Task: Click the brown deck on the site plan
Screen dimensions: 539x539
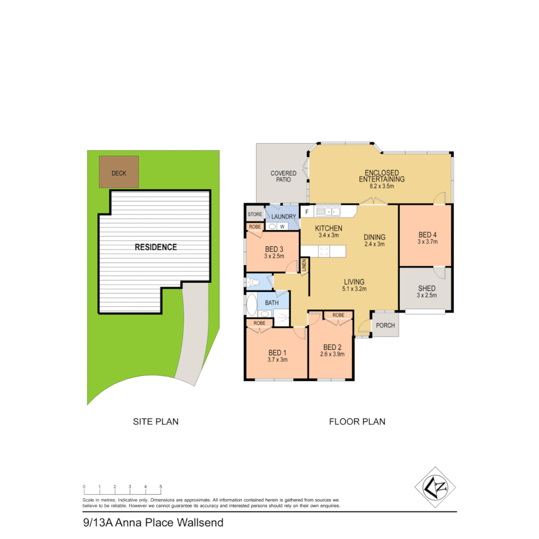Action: [119, 172]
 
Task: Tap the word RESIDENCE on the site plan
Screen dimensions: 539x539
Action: [155, 247]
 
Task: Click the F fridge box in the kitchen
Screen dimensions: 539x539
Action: [306, 212]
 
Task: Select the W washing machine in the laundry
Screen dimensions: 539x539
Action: [282, 227]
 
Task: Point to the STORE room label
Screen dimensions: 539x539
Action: [255, 215]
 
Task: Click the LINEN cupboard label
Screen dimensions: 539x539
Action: [303, 266]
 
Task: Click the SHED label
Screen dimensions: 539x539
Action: [426, 288]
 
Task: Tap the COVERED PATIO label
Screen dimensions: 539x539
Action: [283, 176]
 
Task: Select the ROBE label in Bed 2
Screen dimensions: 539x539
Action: [338, 315]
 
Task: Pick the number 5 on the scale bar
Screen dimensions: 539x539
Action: [161, 486]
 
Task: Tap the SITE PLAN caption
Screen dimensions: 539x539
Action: [156, 422]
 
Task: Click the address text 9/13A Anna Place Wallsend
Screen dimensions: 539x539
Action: [153, 523]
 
